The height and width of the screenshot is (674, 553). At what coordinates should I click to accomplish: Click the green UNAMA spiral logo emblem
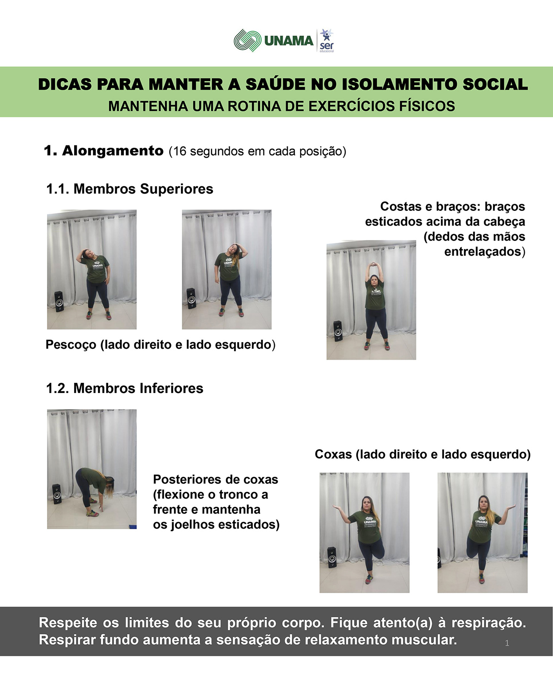point(247,41)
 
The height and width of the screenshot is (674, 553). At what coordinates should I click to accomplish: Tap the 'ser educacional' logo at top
point(326,41)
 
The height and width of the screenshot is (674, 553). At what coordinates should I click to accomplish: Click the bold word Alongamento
point(113,151)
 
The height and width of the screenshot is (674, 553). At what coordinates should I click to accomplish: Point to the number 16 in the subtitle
point(180,151)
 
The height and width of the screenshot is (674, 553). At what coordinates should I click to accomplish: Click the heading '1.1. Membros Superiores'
point(129,189)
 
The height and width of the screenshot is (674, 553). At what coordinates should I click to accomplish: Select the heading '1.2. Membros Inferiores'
point(125,388)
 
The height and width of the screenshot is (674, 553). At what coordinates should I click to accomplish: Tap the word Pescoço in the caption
point(71,345)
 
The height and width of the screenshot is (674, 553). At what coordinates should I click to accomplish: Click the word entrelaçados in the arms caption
point(483,252)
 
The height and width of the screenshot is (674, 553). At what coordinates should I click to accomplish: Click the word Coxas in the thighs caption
point(333,454)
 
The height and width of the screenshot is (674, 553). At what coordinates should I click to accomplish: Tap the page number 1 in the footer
point(507,643)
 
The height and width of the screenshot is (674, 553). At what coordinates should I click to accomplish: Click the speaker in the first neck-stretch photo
point(59,301)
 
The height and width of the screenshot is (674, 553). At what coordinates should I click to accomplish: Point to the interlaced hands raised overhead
point(371,265)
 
